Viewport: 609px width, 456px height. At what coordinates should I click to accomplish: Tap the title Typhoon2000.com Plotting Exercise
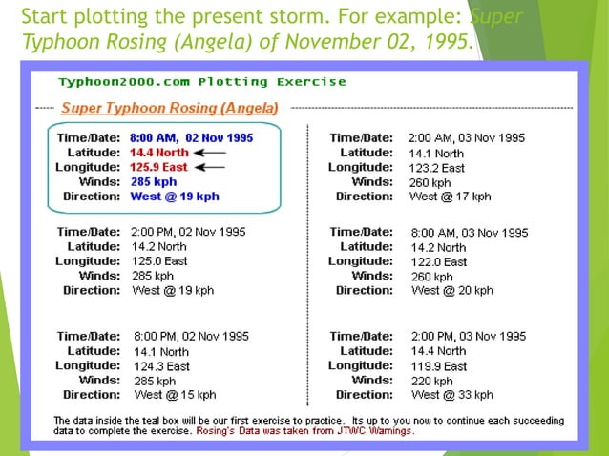pos(201,82)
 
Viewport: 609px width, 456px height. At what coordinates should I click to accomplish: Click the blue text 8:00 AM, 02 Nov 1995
pos(191,137)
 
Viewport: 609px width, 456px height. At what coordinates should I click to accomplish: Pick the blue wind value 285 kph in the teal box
pos(153,181)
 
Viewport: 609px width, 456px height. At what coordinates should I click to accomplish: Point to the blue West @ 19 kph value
pos(175,197)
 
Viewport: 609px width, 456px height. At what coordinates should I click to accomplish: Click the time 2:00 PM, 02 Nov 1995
pos(191,231)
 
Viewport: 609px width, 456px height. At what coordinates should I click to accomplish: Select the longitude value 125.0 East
pos(159,260)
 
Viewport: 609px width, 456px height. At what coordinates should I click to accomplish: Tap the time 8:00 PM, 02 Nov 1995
pos(191,336)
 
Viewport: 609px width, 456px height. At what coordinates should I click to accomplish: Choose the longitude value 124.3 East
pos(161,365)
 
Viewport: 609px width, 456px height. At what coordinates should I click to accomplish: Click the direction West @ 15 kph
pos(175,394)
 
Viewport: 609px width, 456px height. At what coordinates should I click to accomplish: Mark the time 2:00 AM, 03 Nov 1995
pos(466,137)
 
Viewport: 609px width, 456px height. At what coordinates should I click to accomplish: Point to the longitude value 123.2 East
pos(436,167)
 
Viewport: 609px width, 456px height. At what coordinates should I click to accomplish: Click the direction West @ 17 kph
pos(450,197)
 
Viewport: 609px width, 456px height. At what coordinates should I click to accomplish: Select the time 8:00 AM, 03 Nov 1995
pos(469,232)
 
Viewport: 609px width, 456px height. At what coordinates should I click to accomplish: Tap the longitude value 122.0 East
pos(438,261)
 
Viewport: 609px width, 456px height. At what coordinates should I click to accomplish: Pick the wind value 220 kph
pos(431,380)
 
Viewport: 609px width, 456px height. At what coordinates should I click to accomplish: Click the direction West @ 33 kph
pos(451,394)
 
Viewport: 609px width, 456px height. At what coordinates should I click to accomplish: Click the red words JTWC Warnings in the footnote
pos(379,431)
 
